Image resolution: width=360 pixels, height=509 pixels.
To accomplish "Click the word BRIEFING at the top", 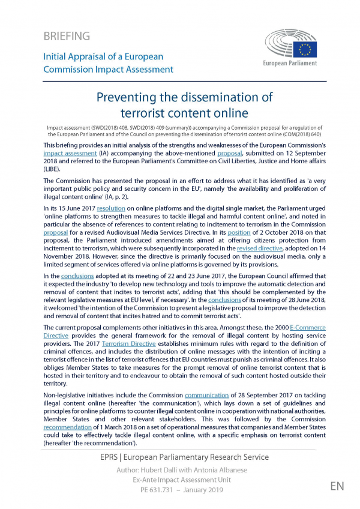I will [67, 37].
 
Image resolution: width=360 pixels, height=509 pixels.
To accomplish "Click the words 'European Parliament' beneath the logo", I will [291, 62].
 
